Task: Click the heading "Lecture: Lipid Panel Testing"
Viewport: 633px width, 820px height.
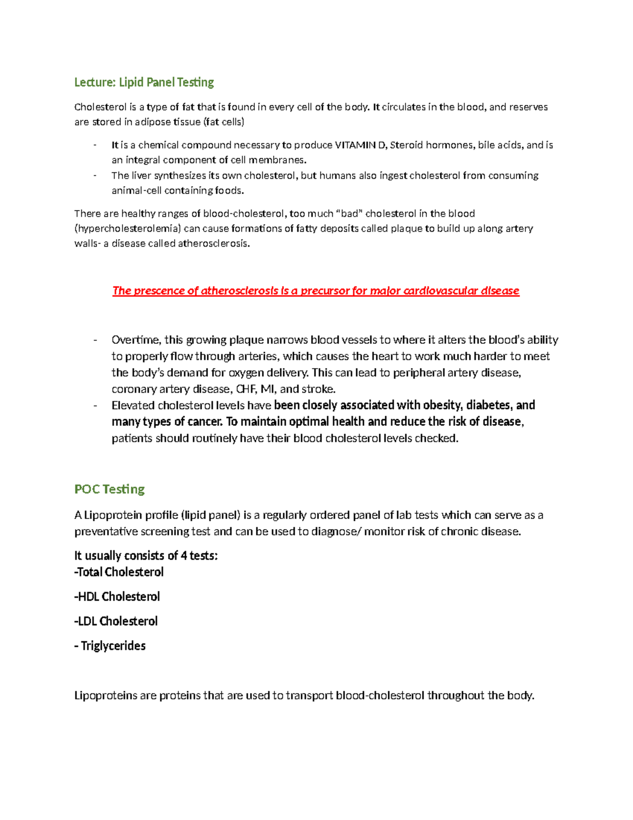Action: pyautogui.click(x=144, y=82)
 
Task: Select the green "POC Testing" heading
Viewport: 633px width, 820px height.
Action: pyautogui.click(x=109, y=489)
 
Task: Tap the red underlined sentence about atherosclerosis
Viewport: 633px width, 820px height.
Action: pyautogui.click(x=315, y=291)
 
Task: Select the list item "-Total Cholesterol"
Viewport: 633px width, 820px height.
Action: pyautogui.click(x=119, y=572)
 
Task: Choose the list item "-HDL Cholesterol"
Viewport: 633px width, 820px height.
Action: pyautogui.click(x=117, y=597)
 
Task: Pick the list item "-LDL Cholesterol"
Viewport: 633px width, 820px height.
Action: pyautogui.click(x=116, y=621)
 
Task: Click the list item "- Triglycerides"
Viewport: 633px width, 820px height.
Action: pyautogui.click(x=110, y=646)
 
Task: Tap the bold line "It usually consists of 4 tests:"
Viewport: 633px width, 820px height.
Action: pyautogui.click(x=146, y=555)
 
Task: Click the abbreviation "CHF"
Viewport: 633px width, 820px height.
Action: pyautogui.click(x=245, y=389)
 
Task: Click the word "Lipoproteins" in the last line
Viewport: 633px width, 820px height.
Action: pyautogui.click(x=105, y=695)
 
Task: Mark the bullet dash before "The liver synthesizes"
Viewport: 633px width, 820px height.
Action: pyautogui.click(x=95, y=175)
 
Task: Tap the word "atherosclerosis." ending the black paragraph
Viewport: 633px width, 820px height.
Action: pyautogui.click(x=214, y=244)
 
